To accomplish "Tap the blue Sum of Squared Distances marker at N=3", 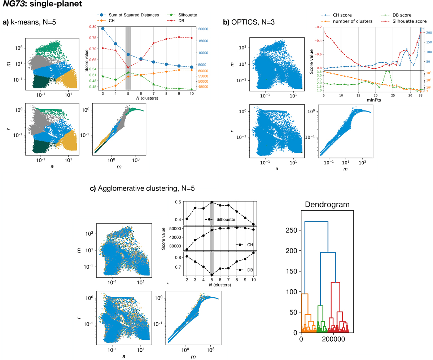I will (103, 28).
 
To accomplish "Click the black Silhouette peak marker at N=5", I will (212, 202).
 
